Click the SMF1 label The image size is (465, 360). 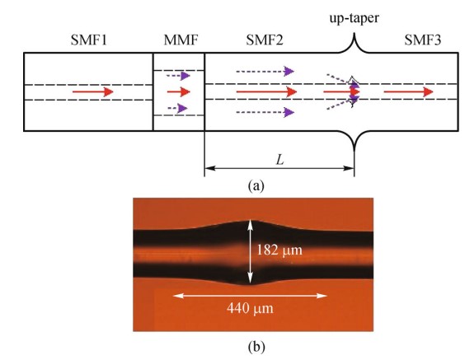click(89, 40)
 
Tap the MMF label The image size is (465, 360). click(181, 40)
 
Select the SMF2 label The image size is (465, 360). click(265, 40)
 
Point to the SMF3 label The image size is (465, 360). click(423, 40)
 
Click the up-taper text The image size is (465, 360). click(355, 19)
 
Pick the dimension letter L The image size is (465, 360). click(280, 161)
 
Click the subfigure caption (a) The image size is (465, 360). click(256, 186)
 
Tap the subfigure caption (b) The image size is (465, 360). click(256, 346)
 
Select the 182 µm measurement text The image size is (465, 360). click(279, 250)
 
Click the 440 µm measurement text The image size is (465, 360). click(250, 308)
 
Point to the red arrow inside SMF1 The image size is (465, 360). click(93, 91)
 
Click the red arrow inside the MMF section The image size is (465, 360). click(179, 91)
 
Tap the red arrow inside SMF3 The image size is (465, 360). click(409, 91)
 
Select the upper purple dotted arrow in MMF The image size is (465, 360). click(178, 76)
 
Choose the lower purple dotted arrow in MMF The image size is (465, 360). click(177, 108)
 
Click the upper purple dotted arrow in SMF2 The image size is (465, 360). click(265, 71)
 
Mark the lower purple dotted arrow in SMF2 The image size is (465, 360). click(265, 112)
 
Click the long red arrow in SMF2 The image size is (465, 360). click(266, 91)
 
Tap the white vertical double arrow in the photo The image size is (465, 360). click(251, 252)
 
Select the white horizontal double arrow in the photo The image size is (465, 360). click(250, 296)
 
